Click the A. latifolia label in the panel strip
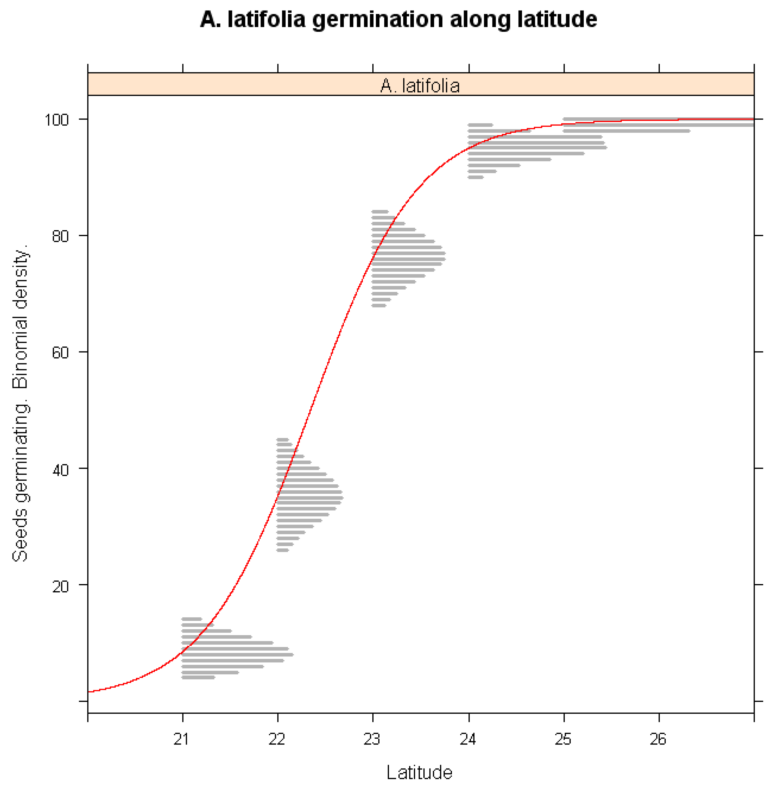(x=420, y=86)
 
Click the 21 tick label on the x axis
(x=181, y=738)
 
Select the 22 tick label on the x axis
(x=277, y=738)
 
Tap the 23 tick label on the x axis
(x=372, y=738)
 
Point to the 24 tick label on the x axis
(x=468, y=738)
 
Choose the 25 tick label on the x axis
(x=563, y=738)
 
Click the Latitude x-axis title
(x=419, y=772)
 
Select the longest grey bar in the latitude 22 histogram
(x=310, y=498)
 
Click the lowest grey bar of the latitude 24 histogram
(x=476, y=177)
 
